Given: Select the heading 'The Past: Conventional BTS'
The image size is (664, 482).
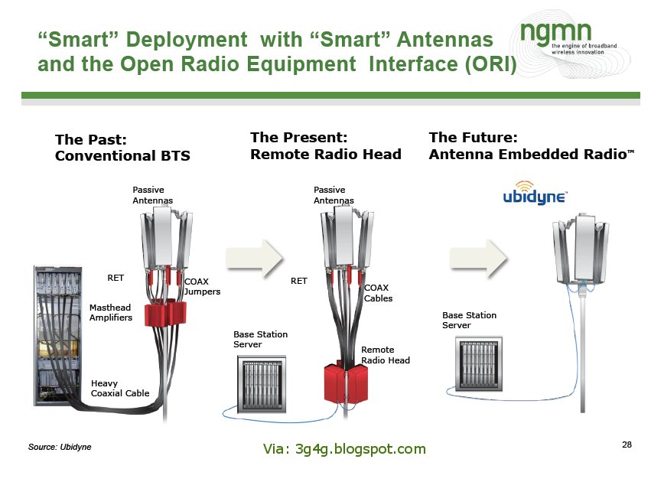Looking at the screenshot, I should [x=122, y=148].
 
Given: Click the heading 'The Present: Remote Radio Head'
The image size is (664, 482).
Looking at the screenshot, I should [x=325, y=145].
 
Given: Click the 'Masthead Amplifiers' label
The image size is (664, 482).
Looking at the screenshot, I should [x=111, y=312].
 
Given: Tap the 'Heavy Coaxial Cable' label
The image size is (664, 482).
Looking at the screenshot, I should [x=119, y=389].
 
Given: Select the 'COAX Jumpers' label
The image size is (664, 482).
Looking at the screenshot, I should [x=202, y=286].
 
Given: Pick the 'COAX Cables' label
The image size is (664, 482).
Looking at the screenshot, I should [x=378, y=292].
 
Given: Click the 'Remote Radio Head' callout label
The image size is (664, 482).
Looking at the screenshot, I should [x=385, y=355].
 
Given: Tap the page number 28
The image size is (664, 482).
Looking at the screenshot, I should [x=627, y=445].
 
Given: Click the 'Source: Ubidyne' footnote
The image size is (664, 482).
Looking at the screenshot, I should [x=60, y=446].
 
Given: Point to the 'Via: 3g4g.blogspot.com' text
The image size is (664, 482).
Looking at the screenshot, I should [x=344, y=449].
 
